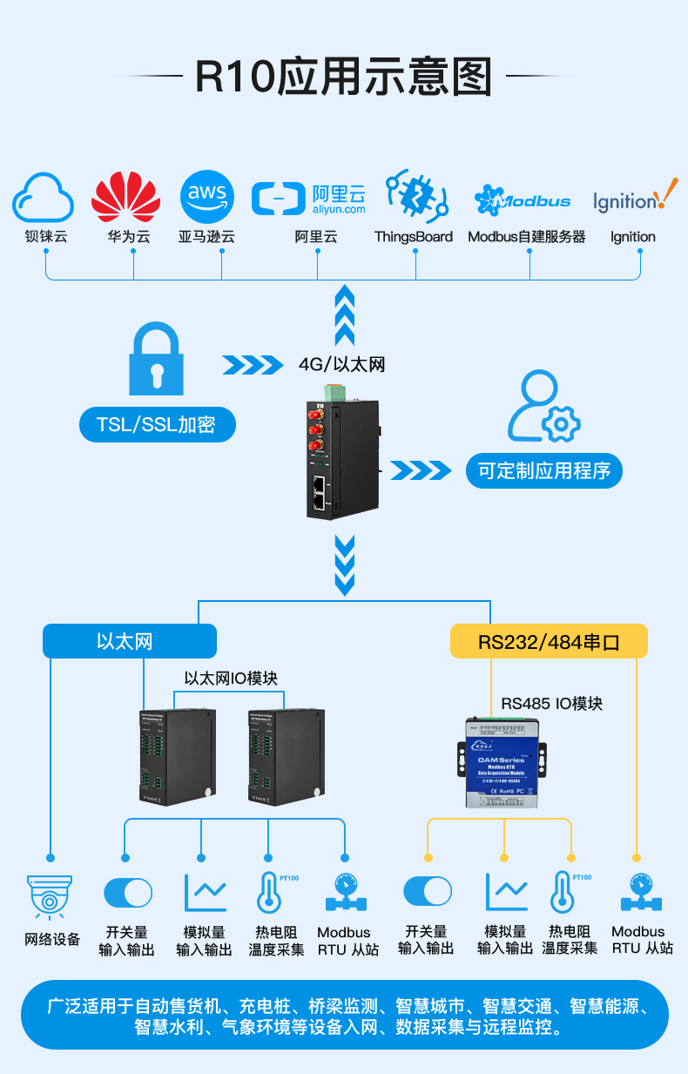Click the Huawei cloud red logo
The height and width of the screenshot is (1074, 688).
coord(126,197)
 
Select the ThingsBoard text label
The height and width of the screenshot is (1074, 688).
coord(414,237)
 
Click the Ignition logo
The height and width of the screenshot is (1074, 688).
coord(634,198)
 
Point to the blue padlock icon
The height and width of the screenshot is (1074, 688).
coord(157,359)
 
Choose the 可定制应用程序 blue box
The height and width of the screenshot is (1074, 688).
coord(544,470)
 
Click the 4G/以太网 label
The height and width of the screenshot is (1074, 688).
coord(341,364)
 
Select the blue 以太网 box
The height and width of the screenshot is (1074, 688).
coord(129,641)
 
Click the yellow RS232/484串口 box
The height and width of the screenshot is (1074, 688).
coord(549,641)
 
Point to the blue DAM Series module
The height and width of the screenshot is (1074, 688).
coord(503,760)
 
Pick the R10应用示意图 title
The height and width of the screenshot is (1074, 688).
coord(343,77)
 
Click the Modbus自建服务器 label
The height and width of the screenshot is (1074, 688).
coord(527,237)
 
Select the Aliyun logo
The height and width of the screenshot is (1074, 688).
coord(309,198)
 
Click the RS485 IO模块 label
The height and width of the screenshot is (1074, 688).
coord(551,703)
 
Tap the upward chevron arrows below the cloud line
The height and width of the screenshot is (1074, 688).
coord(345,314)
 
